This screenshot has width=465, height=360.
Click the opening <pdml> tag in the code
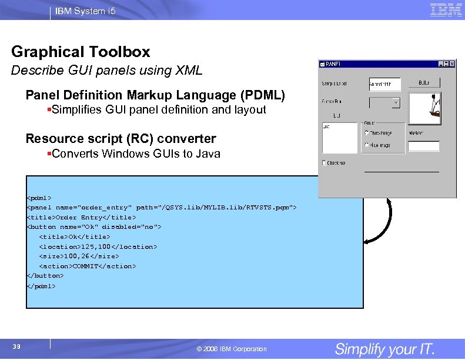pos(39,197)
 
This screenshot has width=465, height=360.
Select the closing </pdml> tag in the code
pos(41,286)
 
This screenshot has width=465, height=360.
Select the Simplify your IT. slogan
pos(385,348)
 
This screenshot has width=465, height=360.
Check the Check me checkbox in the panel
pos(325,163)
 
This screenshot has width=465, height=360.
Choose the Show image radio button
pos(367,133)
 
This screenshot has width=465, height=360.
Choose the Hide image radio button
pos(367,145)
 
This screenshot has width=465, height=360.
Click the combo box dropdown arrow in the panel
pos(396,102)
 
